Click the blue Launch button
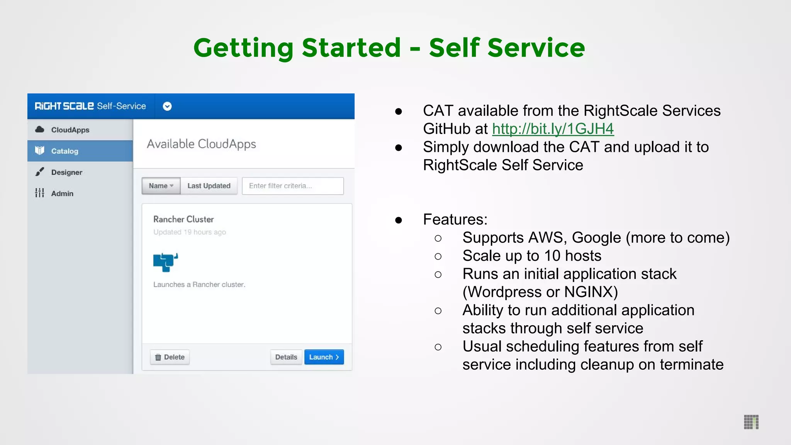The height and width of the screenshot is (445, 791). pyautogui.click(x=324, y=357)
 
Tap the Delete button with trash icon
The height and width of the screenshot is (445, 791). pyautogui.click(x=170, y=357)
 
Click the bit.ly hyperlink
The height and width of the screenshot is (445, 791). pyautogui.click(x=553, y=129)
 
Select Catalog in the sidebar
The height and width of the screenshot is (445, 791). pyautogui.click(x=65, y=151)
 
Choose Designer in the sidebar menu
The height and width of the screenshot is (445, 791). pyautogui.click(x=66, y=172)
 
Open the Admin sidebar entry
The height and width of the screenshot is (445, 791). pyautogui.click(x=62, y=194)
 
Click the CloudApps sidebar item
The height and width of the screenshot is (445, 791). pyautogui.click(x=70, y=130)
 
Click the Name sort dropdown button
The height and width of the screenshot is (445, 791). pyautogui.click(x=161, y=186)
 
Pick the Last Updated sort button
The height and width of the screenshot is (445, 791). pyautogui.click(x=209, y=186)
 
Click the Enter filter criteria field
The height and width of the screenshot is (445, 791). pyautogui.click(x=292, y=186)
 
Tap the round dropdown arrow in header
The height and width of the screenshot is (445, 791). pyautogui.click(x=167, y=106)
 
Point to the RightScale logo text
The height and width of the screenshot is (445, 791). pyautogui.click(x=64, y=106)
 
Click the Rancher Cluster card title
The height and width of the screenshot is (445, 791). pyautogui.click(x=183, y=219)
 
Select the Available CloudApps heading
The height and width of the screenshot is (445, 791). pyautogui.click(x=201, y=144)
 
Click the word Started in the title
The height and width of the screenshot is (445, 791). pyautogui.click(x=351, y=48)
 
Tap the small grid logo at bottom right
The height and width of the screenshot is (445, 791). pyautogui.click(x=751, y=422)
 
